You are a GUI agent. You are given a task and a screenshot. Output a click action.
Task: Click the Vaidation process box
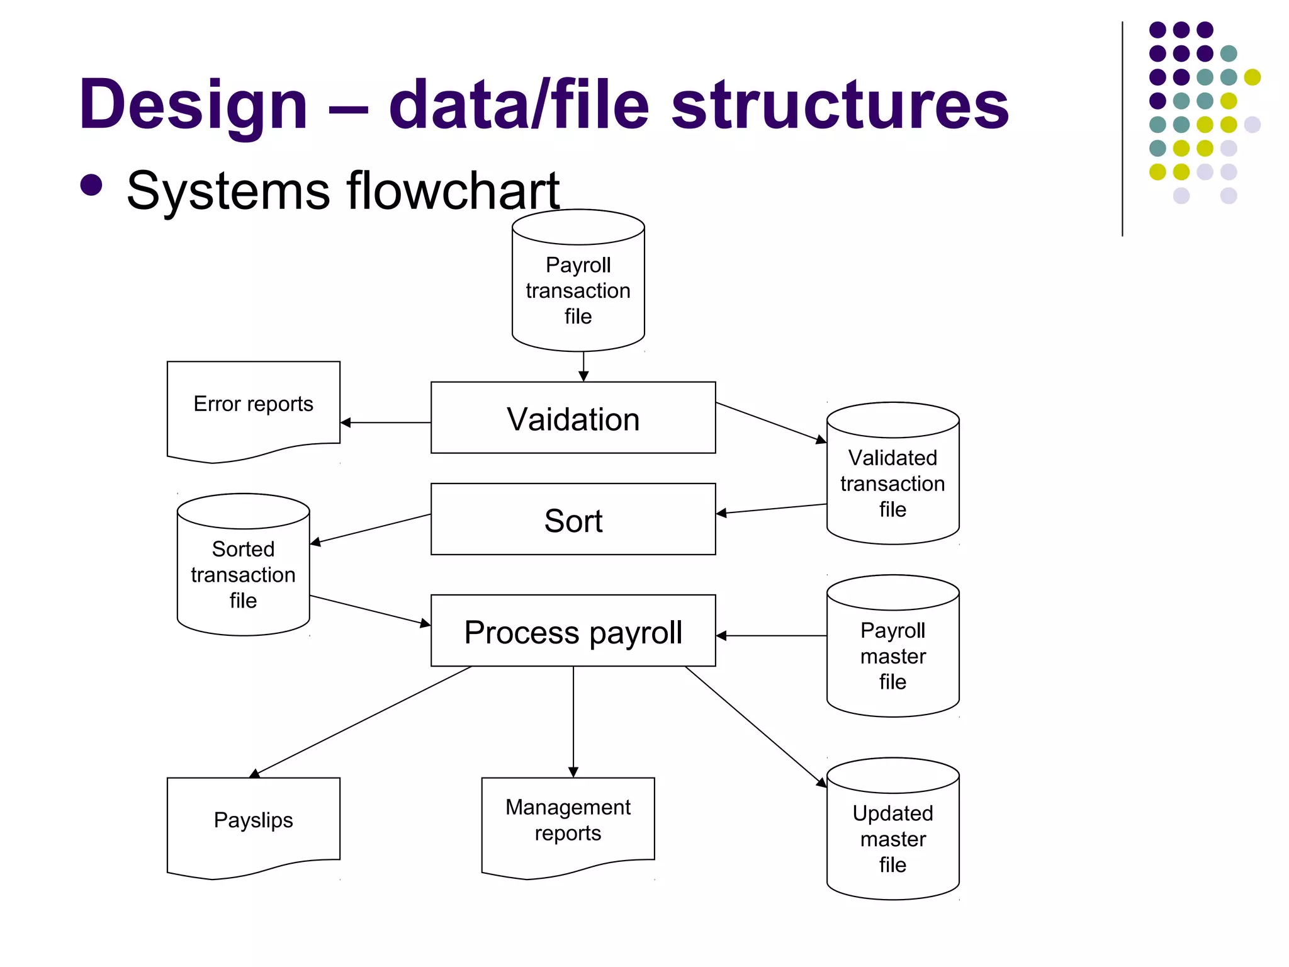point(573,417)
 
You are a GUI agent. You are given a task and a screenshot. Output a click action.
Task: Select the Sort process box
point(573,519)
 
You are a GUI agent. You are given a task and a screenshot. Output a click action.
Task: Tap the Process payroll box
point(573,631)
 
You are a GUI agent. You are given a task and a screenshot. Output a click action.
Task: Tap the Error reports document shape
point(253,409)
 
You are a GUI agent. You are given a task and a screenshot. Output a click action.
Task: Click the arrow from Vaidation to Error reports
point(385,422)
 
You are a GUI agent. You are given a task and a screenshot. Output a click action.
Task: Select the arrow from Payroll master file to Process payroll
point(771,636)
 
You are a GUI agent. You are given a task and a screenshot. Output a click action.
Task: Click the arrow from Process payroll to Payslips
point(362,720)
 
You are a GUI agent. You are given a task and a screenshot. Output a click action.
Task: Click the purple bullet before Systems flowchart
point(92,185)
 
